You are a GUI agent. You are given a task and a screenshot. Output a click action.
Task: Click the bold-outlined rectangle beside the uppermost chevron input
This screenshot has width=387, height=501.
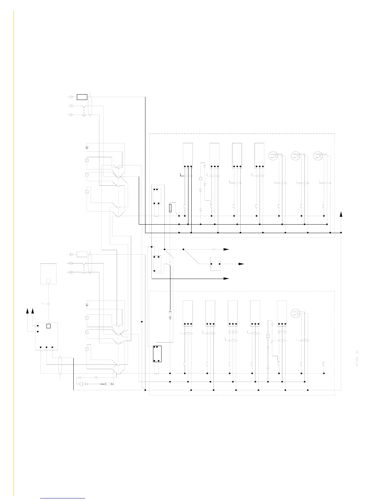[82, 97]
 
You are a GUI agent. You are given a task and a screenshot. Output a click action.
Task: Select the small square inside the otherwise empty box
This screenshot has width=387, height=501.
[48, 281]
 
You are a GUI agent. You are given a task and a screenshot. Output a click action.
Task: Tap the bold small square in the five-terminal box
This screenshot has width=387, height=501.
[48, 326]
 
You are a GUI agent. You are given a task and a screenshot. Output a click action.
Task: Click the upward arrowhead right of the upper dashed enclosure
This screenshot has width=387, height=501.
[341, 214]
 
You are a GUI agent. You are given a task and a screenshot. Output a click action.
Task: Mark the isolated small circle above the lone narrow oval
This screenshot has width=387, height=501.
[357, 352]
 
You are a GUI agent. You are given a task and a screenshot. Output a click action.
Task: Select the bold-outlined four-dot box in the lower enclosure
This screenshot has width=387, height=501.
[157, 354]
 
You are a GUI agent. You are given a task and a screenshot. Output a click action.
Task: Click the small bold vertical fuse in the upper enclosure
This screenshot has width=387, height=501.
[170, 208]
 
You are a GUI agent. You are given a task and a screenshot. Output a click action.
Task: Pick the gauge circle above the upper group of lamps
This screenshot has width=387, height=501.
[87, 148]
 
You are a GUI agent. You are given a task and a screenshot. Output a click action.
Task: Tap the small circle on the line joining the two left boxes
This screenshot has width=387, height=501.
[48, 304]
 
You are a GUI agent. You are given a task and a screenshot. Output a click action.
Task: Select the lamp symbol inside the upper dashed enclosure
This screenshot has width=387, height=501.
[200, 179]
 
